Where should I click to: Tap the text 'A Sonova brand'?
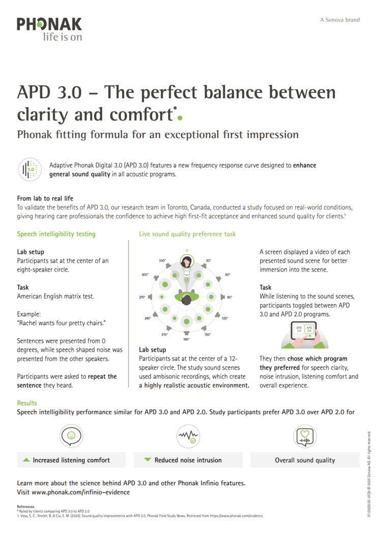pyautogui.click(x=339, y=20)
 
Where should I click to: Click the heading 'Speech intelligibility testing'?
pyautogui.click(x=56, y=234)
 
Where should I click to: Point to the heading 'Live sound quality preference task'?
pyautogui.click(x=187, y=234)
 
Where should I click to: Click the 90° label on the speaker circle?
pyautogui.click(x=229, y=297)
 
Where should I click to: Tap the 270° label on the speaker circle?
pyautogui.click(x=142, y=297)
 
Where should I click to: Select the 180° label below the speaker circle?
pyautogui.click(x=186, y=339)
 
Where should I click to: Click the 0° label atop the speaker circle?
pyautogui.click(x=187, y=250)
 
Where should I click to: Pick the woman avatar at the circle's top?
pyautogui.click(x=187, y=261)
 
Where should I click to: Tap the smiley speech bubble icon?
pyautogui.click(x=71, y=436)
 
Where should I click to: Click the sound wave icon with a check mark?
pyautogui.click(x=187, y=436)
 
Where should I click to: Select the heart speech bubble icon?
pyautogui.click(x=305, y=436)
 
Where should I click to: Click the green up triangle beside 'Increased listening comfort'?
pyautogui.click(x=26, y=460)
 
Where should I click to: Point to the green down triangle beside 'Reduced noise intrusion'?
pyautogui.click(x=148, y=460)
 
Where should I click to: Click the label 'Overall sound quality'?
pyautogui.click(x=305, y=460)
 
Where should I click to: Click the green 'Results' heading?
pyautogui.click(x=27, y=403)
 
